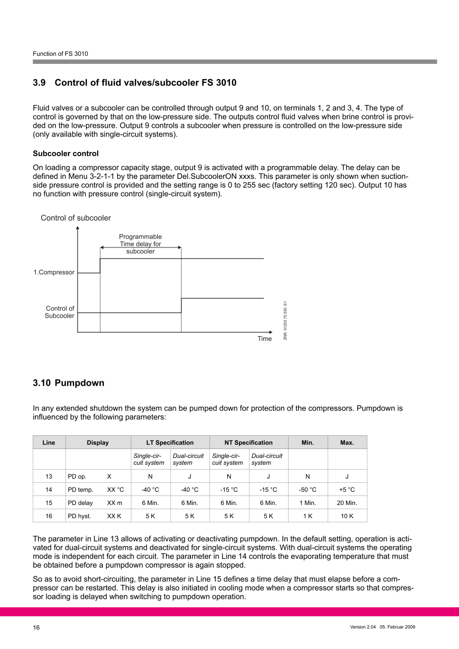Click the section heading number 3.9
coord(40,83)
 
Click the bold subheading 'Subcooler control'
coord(65,154)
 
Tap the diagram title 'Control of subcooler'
coord(76,218)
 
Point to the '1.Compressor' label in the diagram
coord(54,273)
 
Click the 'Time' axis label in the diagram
coord(264,339)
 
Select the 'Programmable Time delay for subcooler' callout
coord(140,244)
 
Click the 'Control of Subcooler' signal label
coord(60,312)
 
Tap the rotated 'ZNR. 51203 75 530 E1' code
coord(285,320)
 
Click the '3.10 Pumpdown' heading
coord(69,383)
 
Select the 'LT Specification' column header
coord(170,443)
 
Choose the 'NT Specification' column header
coord(248,443)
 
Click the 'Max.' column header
coord(347,443)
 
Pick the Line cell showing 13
coord(49,476)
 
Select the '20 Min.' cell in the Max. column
coord(347,503)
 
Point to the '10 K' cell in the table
coord(347,516)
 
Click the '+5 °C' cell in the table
coord(347,490)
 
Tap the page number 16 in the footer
coord(36,627)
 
